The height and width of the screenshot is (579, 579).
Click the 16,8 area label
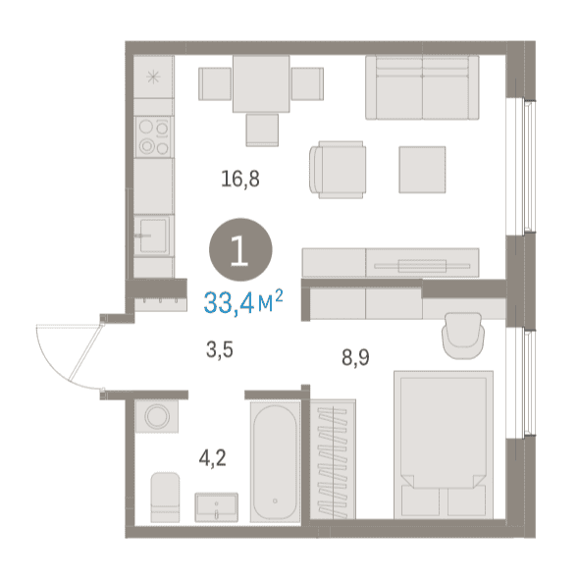coord(240,180)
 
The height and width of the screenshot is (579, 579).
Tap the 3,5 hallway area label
coord(220,349)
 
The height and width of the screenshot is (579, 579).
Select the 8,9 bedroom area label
coord(355,358)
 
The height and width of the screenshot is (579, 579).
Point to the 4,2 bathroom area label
coord(212,458)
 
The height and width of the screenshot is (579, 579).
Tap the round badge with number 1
coord(240,249)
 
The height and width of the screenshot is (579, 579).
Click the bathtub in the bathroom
coord(275,462)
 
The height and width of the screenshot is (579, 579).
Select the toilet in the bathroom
coord(165,497)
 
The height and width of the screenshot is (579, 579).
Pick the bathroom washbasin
coord(216,507)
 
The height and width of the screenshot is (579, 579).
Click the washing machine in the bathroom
coord(157,416)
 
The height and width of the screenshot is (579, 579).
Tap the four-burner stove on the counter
coord(154,137)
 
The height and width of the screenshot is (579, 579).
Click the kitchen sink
coord(153,236)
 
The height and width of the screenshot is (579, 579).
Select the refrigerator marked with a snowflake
coord(153,77)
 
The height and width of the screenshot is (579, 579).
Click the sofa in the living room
coord(422,87)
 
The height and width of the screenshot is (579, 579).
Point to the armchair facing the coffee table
coord(338,170)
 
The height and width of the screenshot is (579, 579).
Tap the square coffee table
coord(422,170)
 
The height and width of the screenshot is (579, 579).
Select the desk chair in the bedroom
coord(463,336)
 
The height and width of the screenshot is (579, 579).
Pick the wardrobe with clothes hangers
coord(333,459)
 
